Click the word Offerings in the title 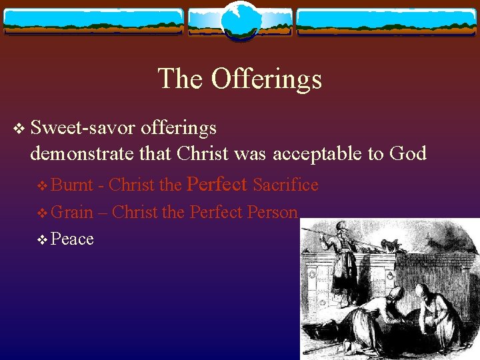point(267,79)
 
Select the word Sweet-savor point(83,127)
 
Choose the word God point(407,154)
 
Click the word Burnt point(73,185)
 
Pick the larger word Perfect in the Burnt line point(218,184)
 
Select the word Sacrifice point(286,185)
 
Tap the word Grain point(72,212)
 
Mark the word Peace point(72,239)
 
